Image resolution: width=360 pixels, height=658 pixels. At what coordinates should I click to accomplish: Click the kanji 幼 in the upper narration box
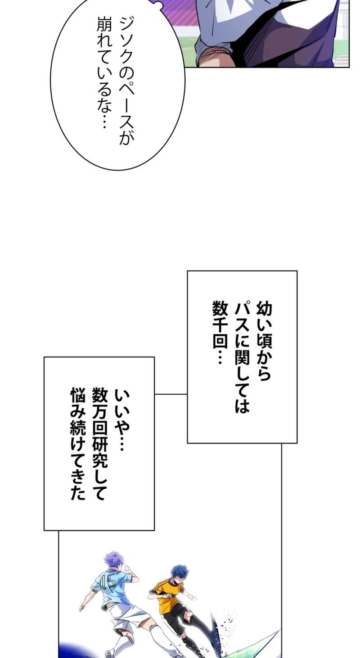click(264, 309)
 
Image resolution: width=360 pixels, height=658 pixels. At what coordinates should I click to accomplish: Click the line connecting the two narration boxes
click(171, 394)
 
